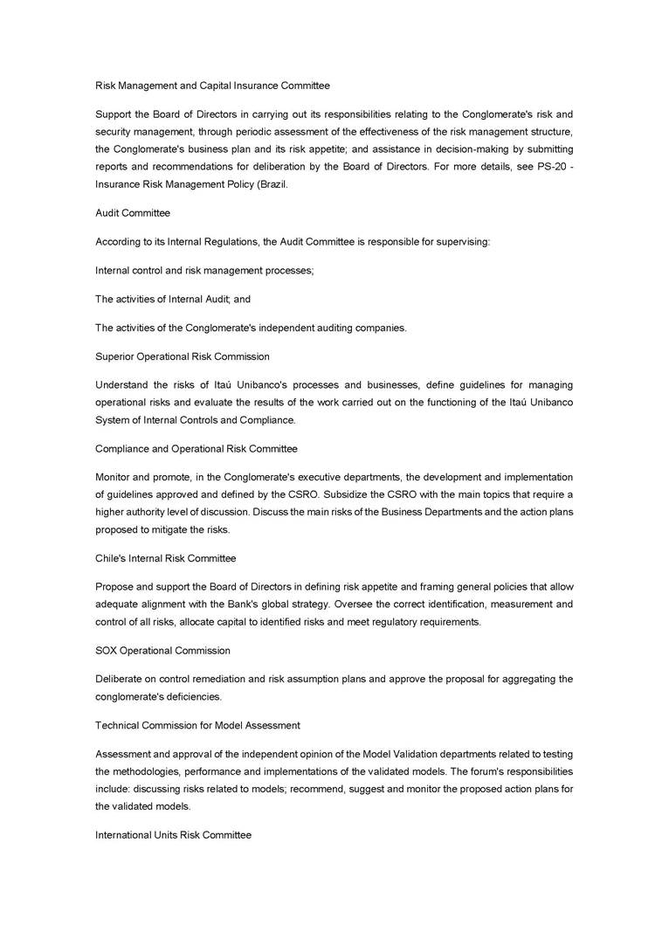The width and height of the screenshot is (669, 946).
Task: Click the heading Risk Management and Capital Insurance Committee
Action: (x=212, y=86)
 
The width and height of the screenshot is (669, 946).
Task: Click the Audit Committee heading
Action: (x=133, y=213)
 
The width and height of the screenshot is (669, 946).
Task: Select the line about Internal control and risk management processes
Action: (x=204, y=271)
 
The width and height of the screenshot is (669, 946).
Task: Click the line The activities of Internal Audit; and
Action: (x=173, y=299)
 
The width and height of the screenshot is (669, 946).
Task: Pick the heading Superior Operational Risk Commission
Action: (x=183, y=356)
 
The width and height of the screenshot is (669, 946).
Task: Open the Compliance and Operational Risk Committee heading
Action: (x=197, y=449)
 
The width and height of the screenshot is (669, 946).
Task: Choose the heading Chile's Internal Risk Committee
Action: (x=166, y=558)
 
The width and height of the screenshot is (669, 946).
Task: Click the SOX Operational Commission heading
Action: (x=163, y=651)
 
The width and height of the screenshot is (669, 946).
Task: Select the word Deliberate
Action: (x=119, y=680)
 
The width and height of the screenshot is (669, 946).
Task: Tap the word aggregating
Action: (x=521, y=680)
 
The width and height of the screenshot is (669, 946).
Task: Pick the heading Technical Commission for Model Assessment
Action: (x=197, y=726)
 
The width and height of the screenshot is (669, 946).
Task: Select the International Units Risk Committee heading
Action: (x=174, y=835)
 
